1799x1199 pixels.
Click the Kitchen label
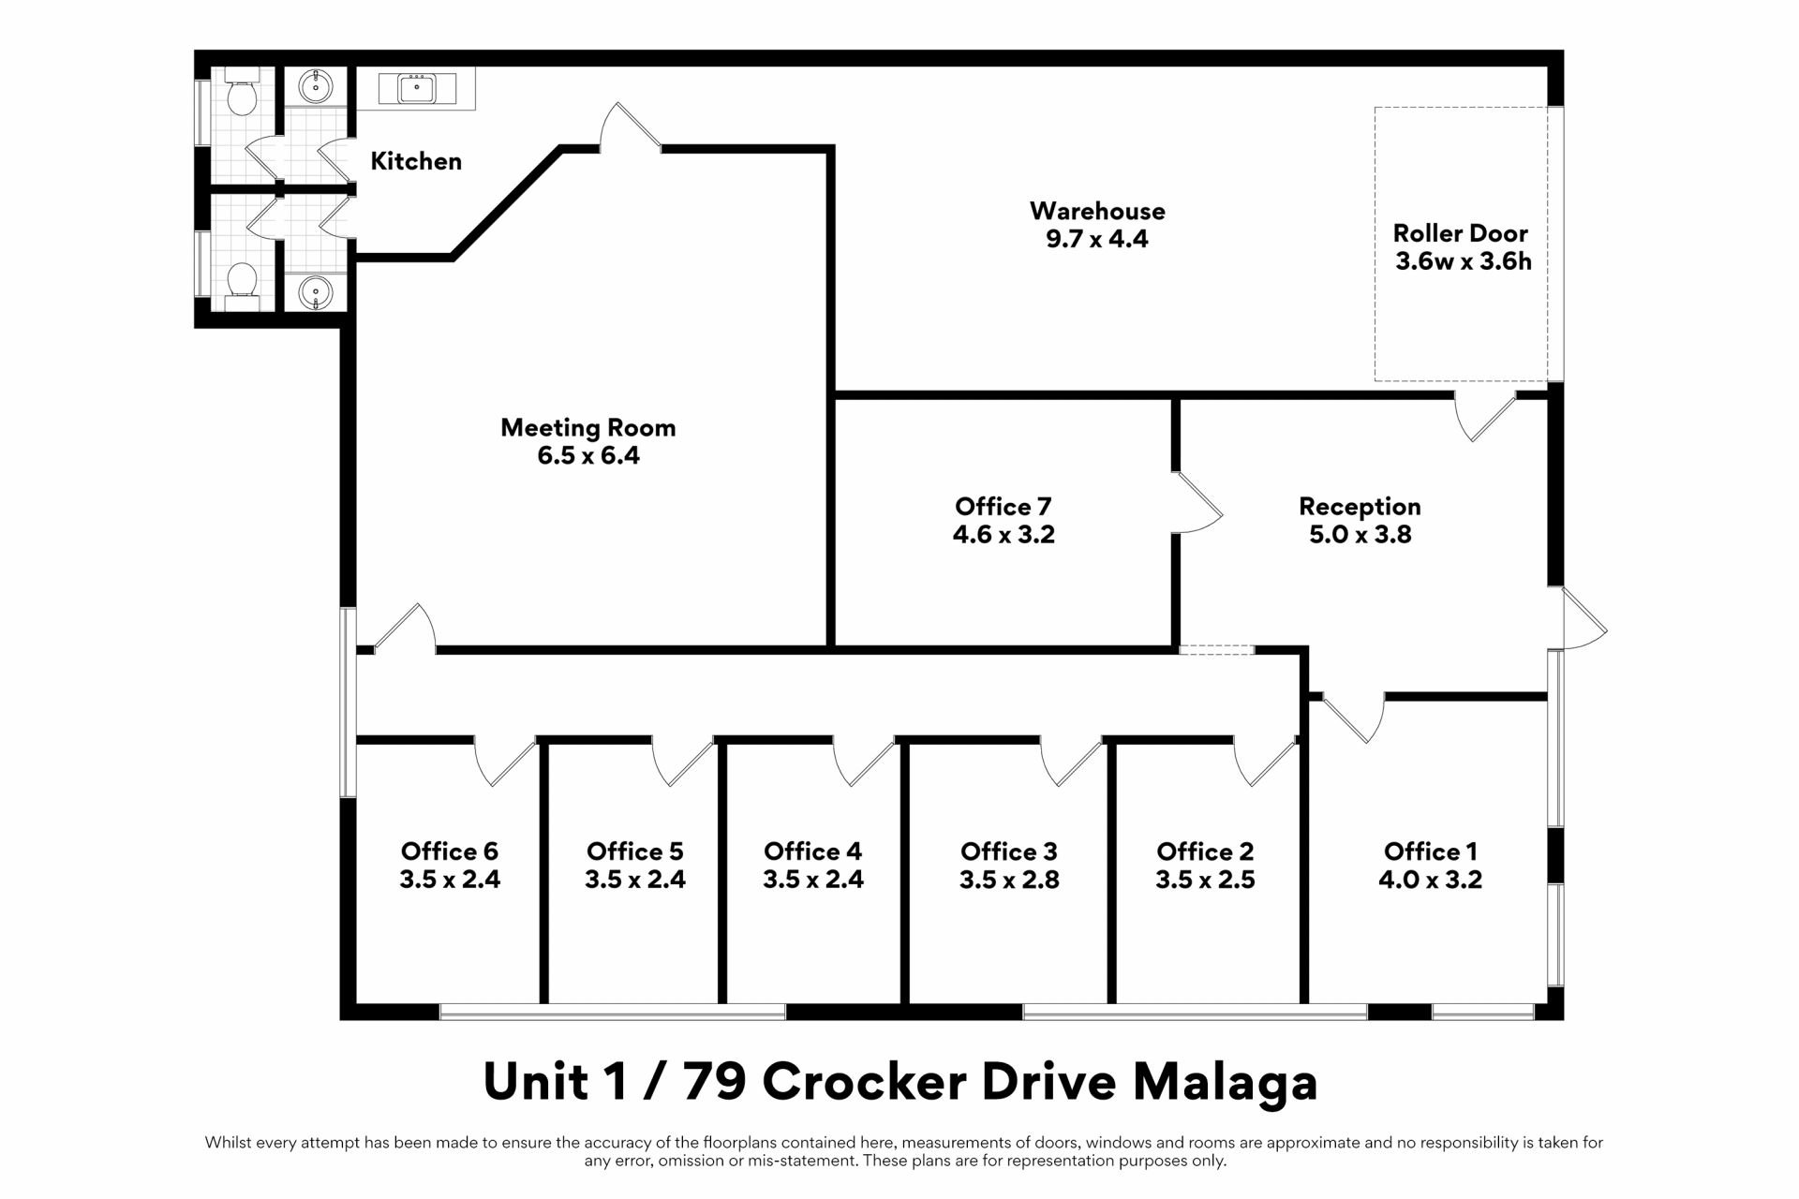click(x=416, y=161)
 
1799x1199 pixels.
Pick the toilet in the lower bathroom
click(x=242, y=281)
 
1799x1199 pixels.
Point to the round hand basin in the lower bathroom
click(x=316, y=292)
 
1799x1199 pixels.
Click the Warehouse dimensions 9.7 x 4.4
click(x=1096, y=239)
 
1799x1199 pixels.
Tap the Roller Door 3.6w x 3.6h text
click(x=1462, y=247)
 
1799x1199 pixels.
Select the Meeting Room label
click(x=587, y=428)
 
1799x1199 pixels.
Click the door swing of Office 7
click(x=1197, y=504)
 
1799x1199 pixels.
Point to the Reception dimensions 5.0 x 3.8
click(x=1360, y=535)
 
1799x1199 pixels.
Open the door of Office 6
click(x=504, y=761)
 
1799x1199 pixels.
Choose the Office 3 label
click(x=1008, y=851)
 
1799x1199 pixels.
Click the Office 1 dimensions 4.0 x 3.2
click(x=1430, y=880)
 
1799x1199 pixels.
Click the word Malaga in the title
click(x=1225, y=1082)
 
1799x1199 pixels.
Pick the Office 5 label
click(x=634, y=851)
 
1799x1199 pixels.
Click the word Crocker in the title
click(x=864, y=1082)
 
